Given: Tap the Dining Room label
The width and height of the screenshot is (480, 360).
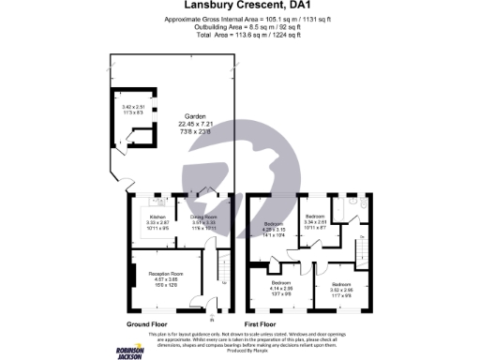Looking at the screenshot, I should [204, 216].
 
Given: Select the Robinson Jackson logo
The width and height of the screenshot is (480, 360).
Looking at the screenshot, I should [129, 350].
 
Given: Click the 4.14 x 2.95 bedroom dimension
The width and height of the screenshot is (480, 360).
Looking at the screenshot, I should [281, 287].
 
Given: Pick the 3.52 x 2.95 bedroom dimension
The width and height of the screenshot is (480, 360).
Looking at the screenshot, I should [340, 288].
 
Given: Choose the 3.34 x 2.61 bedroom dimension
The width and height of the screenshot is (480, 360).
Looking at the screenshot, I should [317, 222].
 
